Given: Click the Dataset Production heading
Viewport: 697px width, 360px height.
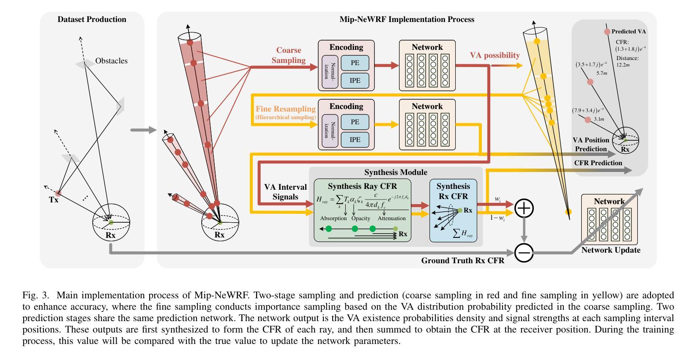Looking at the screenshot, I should (x=92, y=19).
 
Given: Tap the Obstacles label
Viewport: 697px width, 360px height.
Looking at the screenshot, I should (x=111, y=61).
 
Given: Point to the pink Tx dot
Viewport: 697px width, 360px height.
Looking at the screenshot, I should (x=58, y=193).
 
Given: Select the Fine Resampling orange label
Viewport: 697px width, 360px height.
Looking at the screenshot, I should (x=286, y=109).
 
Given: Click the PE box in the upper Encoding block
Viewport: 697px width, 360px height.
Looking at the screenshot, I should (x=355, y=63).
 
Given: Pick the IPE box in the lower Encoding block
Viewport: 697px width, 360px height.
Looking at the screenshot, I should (x=355, y=139).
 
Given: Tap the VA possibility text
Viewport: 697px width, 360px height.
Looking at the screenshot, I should (x=495, y=55).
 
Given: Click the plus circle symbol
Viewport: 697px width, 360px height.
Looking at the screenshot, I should (x=524, y=208).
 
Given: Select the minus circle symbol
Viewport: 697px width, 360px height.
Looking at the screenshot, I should (x=524, y=253).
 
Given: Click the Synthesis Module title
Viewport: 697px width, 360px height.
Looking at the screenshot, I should (x=396, y=172).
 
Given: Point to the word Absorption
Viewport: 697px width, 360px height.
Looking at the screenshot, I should (x=333, y=218).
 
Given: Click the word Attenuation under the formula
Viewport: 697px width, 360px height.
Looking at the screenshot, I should (x=392, y=218).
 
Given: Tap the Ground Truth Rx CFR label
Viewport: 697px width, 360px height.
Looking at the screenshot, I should (x=462, y=261).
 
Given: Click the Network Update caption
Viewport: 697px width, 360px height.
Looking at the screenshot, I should (x=611, y=250).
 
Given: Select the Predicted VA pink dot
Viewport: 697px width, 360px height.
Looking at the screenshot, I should (x=607, y=32).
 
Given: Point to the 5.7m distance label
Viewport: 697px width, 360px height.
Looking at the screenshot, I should (x=602, y=74).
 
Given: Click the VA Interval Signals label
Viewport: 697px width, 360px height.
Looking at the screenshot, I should (x=285, y=192).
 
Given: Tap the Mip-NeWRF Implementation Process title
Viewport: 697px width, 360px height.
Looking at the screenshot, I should (x=407, y=19).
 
